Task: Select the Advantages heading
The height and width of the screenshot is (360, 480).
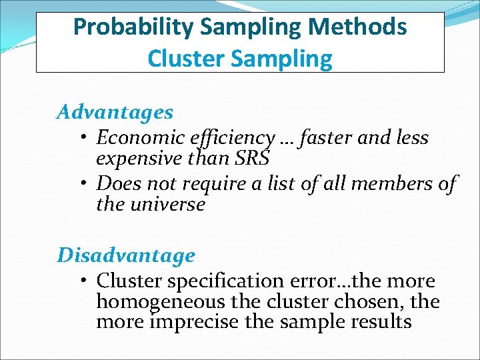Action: [x=115, y=112]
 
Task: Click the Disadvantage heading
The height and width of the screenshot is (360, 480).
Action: [x=126, y=255]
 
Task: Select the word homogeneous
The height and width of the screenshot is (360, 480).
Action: [x=161, y=301]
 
